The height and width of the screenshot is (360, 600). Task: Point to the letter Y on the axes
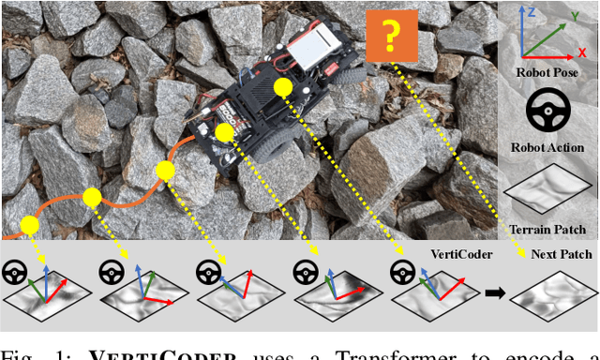click(573, 14)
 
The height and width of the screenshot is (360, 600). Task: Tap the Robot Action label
click(547, 147)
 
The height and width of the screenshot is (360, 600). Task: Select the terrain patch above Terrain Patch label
click(547, 192)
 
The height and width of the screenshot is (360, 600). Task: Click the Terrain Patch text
click(547, 230)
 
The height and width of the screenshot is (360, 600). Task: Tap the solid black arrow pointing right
click(494, 292)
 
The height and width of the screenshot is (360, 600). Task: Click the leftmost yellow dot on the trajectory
click(29, 225)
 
